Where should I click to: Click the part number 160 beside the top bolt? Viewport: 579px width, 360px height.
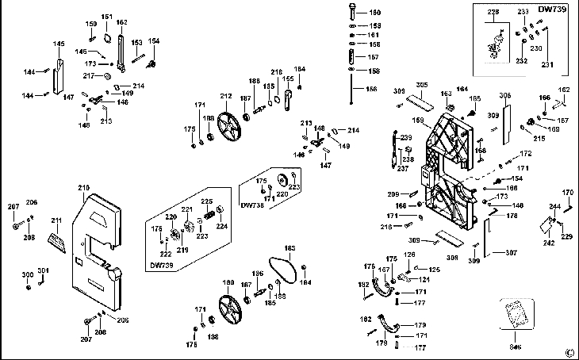click(x=375, y=13)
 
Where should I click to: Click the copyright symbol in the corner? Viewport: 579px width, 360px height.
click(x=569, y=352)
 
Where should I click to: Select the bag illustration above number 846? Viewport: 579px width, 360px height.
click(x=515, y=314)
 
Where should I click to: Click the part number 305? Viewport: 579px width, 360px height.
click(x=422, y=85)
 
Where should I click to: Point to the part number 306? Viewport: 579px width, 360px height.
click(x=504, y=96)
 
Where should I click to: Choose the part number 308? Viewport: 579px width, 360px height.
click(x=451, y=257)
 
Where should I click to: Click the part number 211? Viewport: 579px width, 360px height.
click(x=56, y=220)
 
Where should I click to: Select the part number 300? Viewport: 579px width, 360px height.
click(x=27, y=274)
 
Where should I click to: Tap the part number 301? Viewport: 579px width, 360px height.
click(x=43, y=270)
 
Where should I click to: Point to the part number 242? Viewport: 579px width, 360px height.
click(x=548, y=243)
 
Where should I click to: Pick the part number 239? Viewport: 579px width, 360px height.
click(x=407, y=138)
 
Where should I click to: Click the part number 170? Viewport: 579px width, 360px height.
click(x=567, y=193)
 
